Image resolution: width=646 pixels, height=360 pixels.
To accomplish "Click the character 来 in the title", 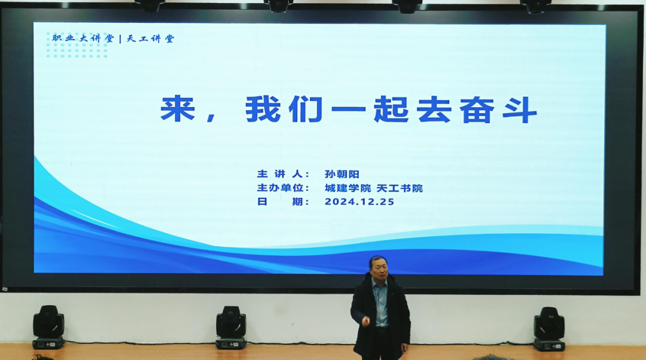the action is pyautogui.click(x=177, y=109).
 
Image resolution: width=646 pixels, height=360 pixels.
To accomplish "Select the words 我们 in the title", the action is pyautogui.click(x=284, y=109).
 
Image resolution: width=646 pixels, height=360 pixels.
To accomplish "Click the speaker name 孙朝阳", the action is pyautogui.click(x=342, y=174).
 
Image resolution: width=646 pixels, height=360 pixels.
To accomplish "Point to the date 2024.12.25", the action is pyautogui.click(x=359, y=202).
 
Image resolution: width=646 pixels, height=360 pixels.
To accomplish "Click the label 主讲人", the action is pyautogui.click(x=283, y=174).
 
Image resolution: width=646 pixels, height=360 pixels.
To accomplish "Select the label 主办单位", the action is pyautogui.click(x=283, y=188).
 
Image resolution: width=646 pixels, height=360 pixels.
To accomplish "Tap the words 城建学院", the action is pyautogui.click(x=348, y=188).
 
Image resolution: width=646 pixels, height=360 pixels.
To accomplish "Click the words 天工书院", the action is pyautogui.click(x=400, y=188).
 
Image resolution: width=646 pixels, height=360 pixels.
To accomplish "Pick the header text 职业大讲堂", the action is pyautogui.click(x=83, y=39).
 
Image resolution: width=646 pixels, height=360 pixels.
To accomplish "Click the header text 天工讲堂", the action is pyautogui.click(x=150, y=39).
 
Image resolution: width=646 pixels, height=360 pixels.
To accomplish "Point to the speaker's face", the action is pyautogui.click(x=379, y=269).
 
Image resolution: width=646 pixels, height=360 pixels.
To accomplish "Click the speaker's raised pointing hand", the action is pyautogui.click(x=365, y=321).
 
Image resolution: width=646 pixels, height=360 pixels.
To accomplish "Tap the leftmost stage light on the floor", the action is pyautogui.click(x=48, y=327).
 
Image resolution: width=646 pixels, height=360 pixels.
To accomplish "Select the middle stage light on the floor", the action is pyautogui.click(x=231, y=328).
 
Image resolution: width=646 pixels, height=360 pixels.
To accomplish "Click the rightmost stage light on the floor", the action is pyautogui.click(x=549, y=329).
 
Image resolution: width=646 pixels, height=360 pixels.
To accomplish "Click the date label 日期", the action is pyautogui.click(x=283, y=202).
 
